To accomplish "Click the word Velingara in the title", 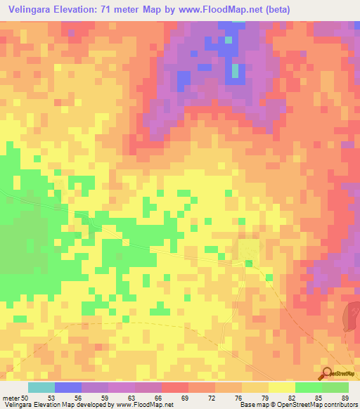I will pyautogui.click(x=32, y=11).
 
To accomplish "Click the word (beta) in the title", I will pyautogui.click(x=272, y=11).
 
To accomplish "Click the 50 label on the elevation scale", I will pyautogui.click(x=25, y=398).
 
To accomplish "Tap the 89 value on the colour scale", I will pyautogui.click(x=345, y=398).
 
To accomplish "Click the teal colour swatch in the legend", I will pyautogui.click(x=41, y=387).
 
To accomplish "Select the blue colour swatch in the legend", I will pyautogui.click(x=68, y=387).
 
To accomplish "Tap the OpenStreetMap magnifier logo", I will pyautogui.click(x=326, y=373).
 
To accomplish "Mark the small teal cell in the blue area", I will pyautogui.click(x=235, y=71).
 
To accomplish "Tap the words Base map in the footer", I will pyautogui.click(x=251, y=405).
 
